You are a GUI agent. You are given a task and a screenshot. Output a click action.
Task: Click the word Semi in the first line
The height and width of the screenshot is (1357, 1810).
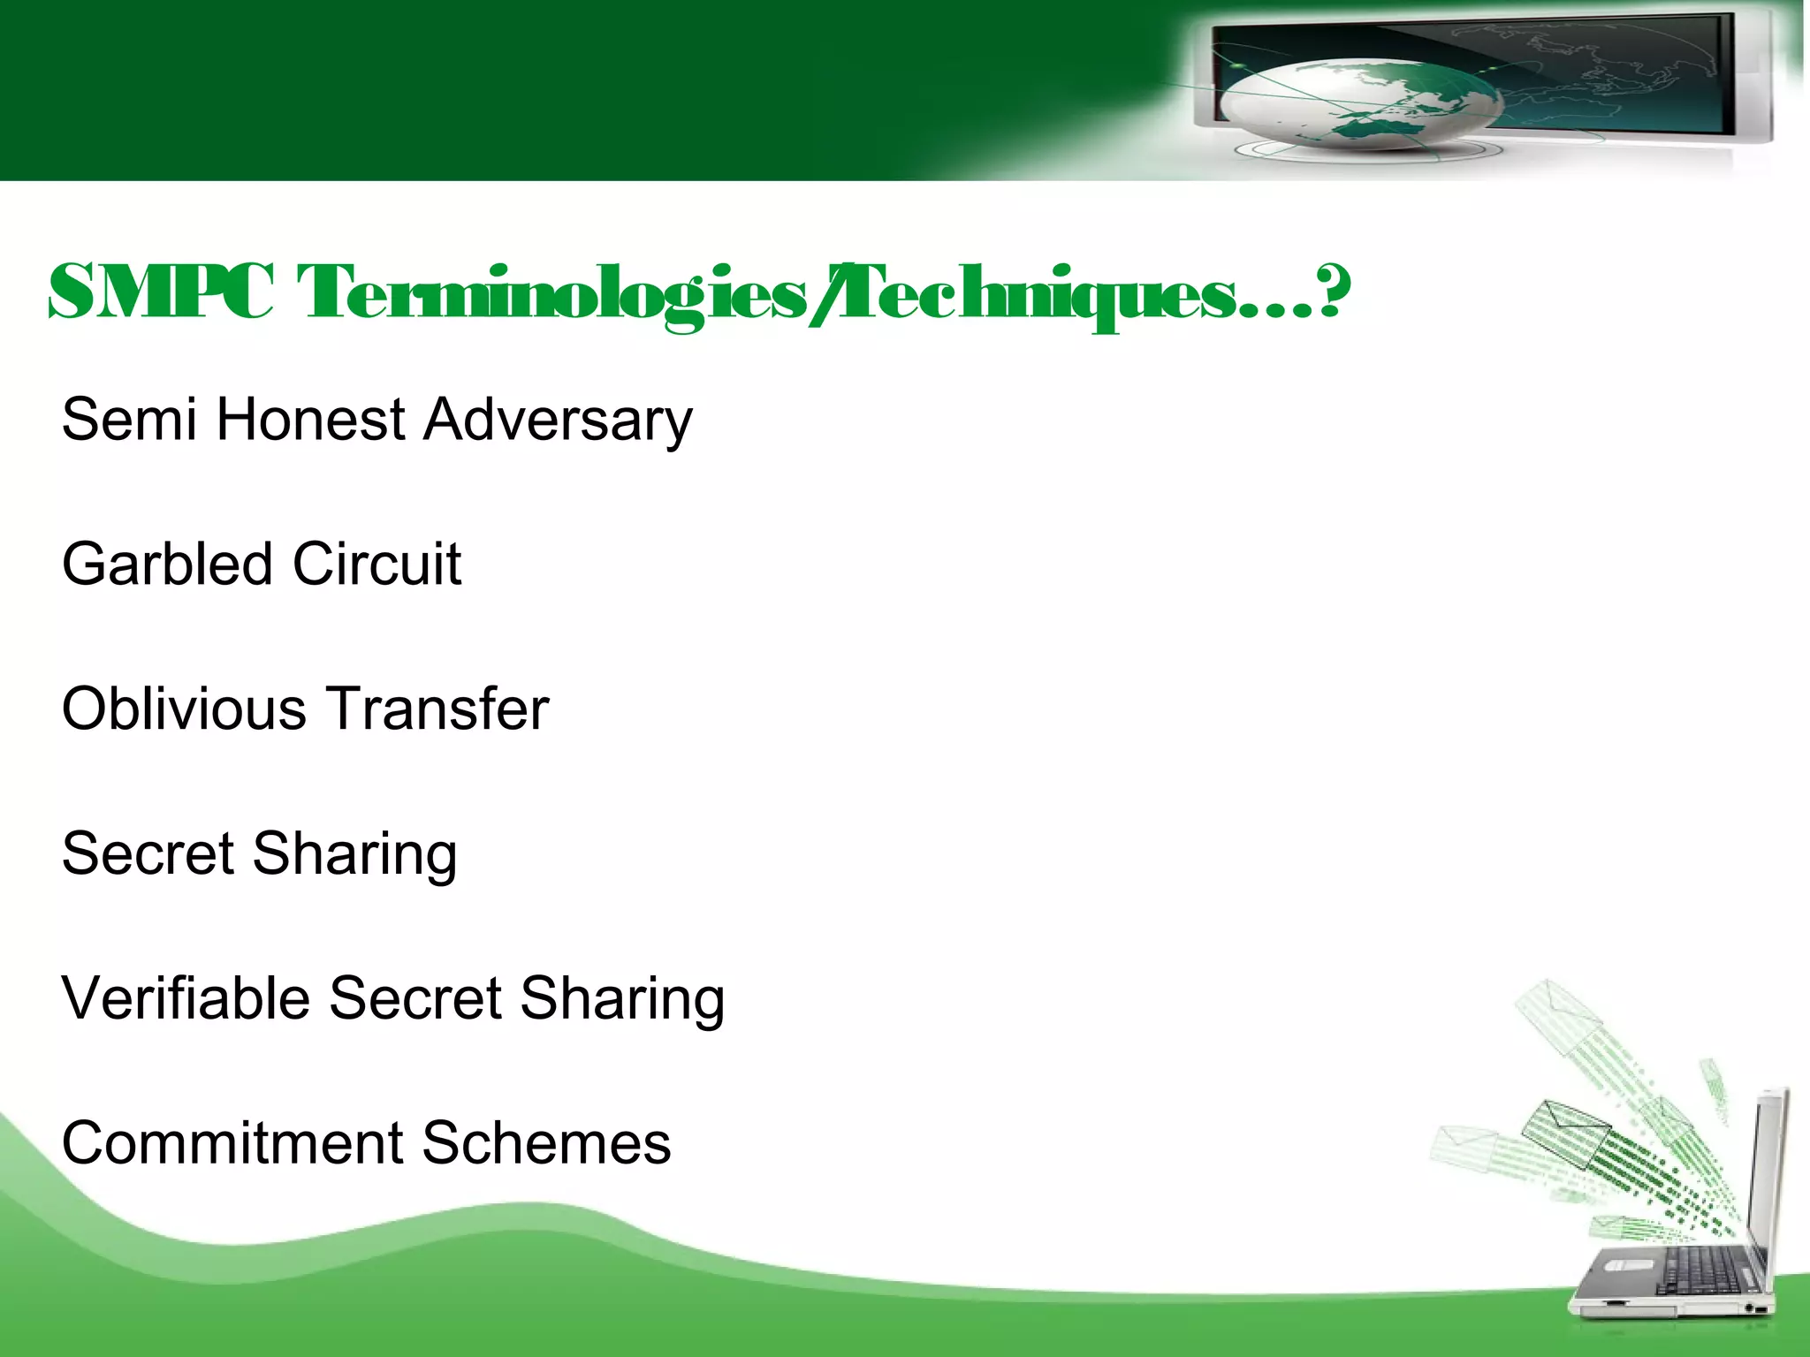[x=129, y=419]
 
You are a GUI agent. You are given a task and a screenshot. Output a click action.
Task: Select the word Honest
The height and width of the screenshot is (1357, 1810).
[x=310, y=419]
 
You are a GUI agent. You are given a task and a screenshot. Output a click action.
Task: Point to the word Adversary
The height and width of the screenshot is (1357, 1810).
[x=558, y=421]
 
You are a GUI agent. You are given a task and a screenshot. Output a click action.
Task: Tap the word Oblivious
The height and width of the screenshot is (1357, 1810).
[x=182, y=709]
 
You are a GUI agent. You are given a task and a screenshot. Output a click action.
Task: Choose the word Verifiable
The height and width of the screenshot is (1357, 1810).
[x=186, y=998]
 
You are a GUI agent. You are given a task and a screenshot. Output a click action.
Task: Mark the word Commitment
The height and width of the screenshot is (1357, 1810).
[x=230, y=1143]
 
